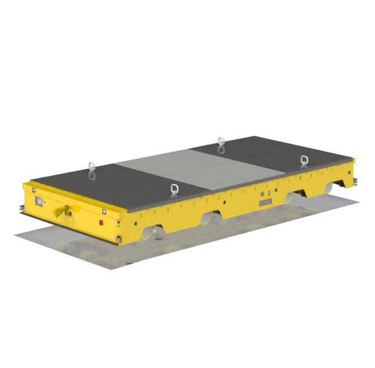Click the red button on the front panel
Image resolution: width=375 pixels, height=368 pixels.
click(x=100, y=223)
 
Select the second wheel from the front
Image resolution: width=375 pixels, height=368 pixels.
click(x=210, y=220)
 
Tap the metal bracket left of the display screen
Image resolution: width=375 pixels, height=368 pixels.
click(x=23, y=208)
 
